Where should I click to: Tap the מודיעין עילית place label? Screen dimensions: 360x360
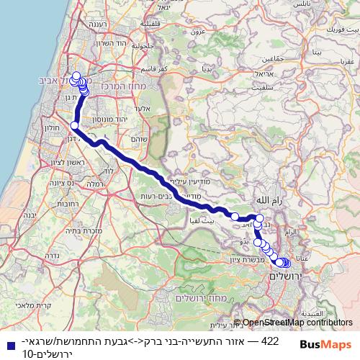[189, 182]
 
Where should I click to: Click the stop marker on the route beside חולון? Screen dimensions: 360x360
[74, 125]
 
